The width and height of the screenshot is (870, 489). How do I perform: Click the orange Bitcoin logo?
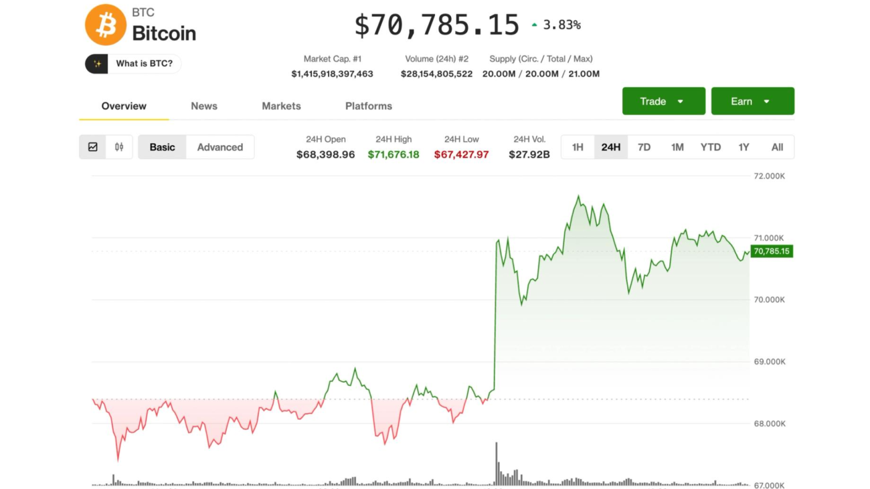[106, 25]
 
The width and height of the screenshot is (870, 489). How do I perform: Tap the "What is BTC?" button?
[133, 64]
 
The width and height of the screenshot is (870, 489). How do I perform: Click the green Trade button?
[663, 101]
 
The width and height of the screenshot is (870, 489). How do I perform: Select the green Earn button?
[752, 101]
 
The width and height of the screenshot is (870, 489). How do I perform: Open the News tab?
[204, 106]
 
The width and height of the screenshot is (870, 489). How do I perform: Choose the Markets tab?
[281, 106]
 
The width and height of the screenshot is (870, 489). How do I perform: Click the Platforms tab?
[369, 106]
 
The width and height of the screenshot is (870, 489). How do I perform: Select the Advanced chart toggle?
[220, 147]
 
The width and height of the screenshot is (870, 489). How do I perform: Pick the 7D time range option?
[644, 147]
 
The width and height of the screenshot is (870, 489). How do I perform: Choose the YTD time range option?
[710, 147]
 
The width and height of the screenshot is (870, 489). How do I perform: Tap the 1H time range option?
[578, 147]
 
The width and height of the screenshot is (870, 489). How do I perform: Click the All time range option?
[777, 147]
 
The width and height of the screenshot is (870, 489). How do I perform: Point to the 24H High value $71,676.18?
[394, 155]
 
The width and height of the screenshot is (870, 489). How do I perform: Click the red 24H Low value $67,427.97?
[461, 155]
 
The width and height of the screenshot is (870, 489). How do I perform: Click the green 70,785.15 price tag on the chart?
[771, 252]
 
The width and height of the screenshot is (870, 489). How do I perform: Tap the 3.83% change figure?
[561, 25]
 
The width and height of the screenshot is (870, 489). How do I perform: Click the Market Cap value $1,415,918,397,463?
[332, 74]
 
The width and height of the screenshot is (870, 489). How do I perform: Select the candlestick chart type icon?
[119, 147]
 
